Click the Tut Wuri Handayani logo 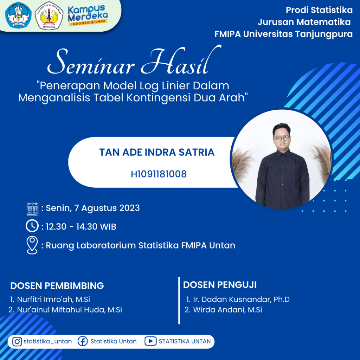[x=18, y=15]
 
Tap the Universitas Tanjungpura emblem [x=49, y=15]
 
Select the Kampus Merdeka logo [x=88, y=15]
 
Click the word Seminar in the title [x=91, y=62]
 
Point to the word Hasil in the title [x=181, y=60]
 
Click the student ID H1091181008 [x=159, y=174]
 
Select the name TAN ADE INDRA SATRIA [x=157, y=152]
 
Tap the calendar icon [x=33, y=209]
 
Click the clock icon [x=32, y=226]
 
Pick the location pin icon [x=32, y=245]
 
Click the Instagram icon [x=17, y=341]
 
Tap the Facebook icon [x=83, y=341]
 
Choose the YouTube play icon [x=150, y=341]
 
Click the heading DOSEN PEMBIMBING [x=57, y=286]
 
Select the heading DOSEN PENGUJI [x=220, y=285]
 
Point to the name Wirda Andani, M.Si [x=227, y=310]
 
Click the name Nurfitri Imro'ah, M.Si [x=53, y=300]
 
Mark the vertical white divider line [x=179, y=301]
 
